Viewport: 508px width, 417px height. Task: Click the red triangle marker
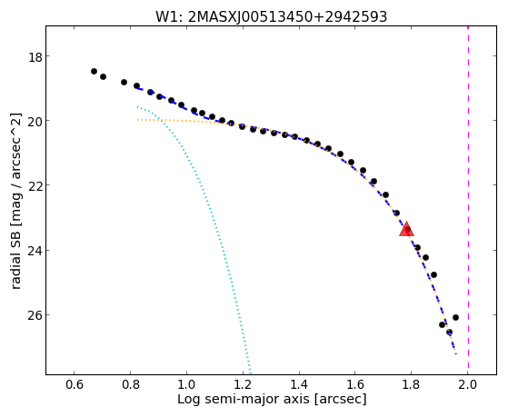click(406, 229)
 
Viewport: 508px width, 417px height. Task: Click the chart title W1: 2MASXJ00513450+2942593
click(271, 17)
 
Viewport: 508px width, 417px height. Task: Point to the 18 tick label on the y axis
click(35, 57)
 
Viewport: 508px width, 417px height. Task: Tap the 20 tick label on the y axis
click(35, 122)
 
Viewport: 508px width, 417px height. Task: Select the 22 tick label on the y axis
click(35, 186)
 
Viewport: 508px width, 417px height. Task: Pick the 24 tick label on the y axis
click(35, 252)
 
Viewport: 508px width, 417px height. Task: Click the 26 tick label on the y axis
click(35, 316)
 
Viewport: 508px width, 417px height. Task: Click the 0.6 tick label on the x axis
click(75, 384)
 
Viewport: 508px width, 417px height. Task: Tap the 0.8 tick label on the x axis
click(130, 384)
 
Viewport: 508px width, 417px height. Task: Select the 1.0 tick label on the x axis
click(186, 384)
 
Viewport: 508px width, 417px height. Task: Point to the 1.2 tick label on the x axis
click(243, 384)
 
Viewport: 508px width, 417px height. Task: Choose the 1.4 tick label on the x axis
click(299, 384)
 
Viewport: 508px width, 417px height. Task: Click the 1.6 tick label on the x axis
click(355, 384)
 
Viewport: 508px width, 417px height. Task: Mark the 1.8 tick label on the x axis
click(412, 384)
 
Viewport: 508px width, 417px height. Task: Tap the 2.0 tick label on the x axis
click(467, 384)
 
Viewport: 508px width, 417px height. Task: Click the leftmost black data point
click(94, 71)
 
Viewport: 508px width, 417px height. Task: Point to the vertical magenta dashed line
click(469, 198)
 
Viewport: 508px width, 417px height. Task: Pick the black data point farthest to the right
click(455, 318)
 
